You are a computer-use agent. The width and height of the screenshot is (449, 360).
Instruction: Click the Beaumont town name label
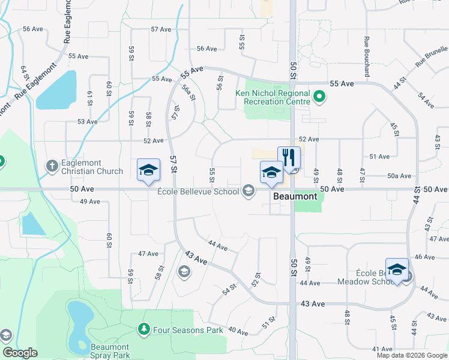click(x=295, y=196)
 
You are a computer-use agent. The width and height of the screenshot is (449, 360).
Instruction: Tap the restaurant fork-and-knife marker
click(x=289, y=158)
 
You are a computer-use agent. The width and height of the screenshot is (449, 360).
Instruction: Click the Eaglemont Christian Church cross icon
click(x=52, y=164)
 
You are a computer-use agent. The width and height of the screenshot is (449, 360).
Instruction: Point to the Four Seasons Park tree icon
click(x=143, y=329)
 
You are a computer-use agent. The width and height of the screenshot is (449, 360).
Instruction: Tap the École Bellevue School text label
click(x=198, y=192)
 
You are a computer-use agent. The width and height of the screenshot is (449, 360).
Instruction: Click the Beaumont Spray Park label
click(x=110, y=351)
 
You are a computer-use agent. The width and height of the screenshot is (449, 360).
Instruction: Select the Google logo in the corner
click(x=20, y=353)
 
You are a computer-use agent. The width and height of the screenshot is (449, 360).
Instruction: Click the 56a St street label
click(x=188, y=94)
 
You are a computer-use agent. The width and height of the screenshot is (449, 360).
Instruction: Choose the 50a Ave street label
click(x=399, y=176)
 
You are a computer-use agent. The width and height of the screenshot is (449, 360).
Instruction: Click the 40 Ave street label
click(x=238, y=332)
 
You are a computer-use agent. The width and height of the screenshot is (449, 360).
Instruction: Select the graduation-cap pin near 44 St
click(x=397, y=269)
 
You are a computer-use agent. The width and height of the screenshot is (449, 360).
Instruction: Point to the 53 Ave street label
click(x=88, y=122)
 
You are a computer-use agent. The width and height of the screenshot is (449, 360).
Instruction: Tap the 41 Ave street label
click(x=382, y=349)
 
